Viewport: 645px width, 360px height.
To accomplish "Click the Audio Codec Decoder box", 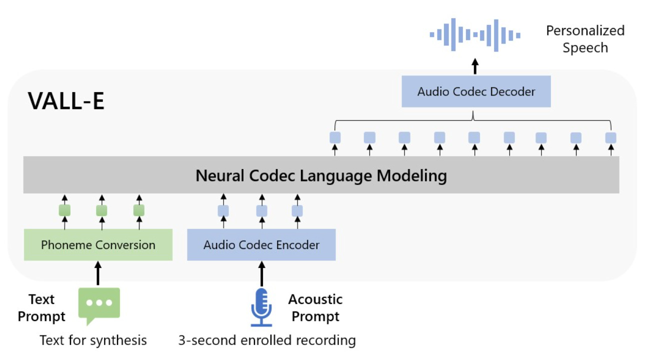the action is tap(476, 91).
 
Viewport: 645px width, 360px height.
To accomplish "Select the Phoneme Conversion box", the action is tap(98, 245).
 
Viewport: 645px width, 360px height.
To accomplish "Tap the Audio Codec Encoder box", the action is tap(261, 245).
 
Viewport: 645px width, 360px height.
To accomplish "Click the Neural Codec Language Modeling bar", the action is tap(321, 175).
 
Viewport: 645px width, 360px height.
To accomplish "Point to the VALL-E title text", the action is tap(66, 101).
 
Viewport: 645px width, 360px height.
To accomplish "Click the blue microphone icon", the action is tap(261, 307).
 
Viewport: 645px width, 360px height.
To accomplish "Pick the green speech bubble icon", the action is tap(99, 306).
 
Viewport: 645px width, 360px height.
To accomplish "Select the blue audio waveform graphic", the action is tap(475, 35).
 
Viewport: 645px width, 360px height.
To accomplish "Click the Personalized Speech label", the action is tap(585, 39).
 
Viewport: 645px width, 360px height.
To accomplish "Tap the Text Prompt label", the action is tap(41, 308).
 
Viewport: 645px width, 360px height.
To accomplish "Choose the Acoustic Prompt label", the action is tap(315, 308).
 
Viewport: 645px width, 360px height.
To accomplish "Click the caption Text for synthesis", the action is tap(93, 340).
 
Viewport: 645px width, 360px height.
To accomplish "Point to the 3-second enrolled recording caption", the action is tap(267, 340).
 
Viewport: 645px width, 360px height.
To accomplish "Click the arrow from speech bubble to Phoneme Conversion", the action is tap(98, 273).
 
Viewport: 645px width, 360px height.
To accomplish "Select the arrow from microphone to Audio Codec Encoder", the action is tap(261, 273).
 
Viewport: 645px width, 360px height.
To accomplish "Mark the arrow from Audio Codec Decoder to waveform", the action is tap(475, 66).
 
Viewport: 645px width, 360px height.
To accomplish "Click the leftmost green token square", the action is tap(64, 210).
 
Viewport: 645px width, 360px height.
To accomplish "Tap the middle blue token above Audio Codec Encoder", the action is tap(261, 211).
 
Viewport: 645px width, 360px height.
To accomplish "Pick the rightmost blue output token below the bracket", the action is tap(610, 138).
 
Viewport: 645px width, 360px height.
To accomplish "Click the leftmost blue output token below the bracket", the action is tap(335, 137).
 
